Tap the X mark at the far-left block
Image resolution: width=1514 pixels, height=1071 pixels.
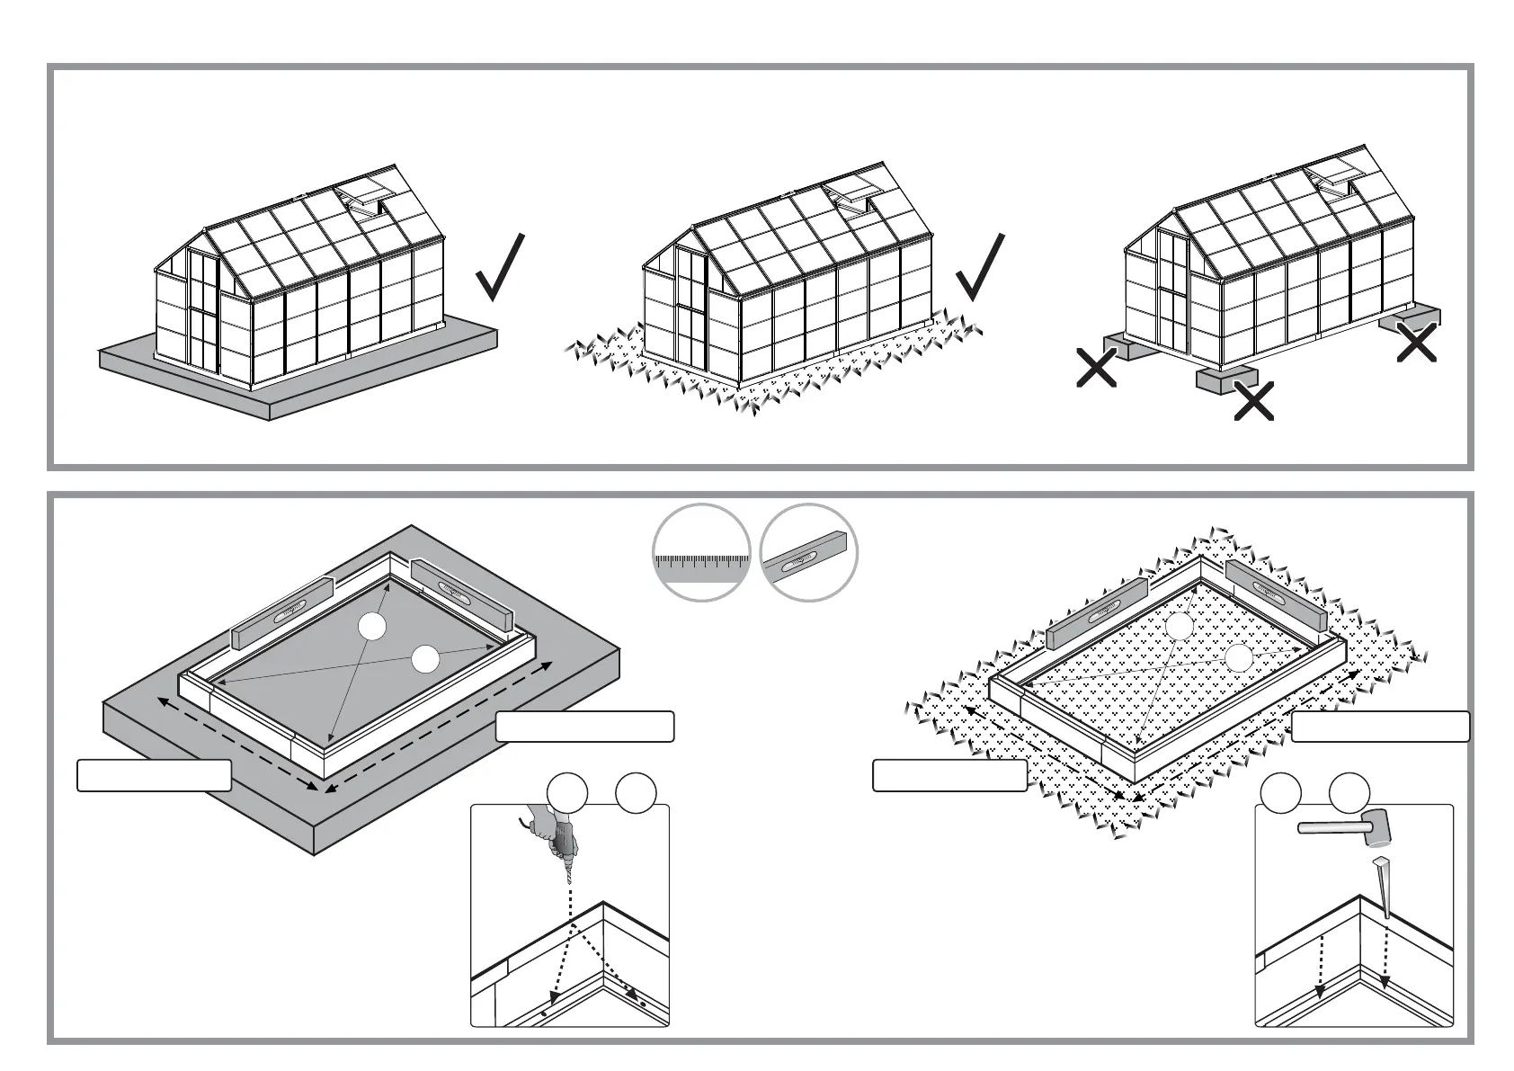click(1096, 368)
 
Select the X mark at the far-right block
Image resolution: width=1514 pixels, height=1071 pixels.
click(1416, 343)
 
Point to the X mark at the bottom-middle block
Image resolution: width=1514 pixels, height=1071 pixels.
click(1253, 401)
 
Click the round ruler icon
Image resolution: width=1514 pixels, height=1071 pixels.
click(701, 552)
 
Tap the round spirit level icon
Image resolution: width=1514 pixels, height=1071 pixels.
click(808, 552)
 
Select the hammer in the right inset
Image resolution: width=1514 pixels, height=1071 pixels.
click(1345, 827)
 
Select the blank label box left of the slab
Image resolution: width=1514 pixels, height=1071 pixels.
click(154, 775)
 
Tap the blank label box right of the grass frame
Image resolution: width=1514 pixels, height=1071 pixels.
click(1380, 727)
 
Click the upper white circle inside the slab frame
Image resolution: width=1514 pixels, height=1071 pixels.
click(371, 627)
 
